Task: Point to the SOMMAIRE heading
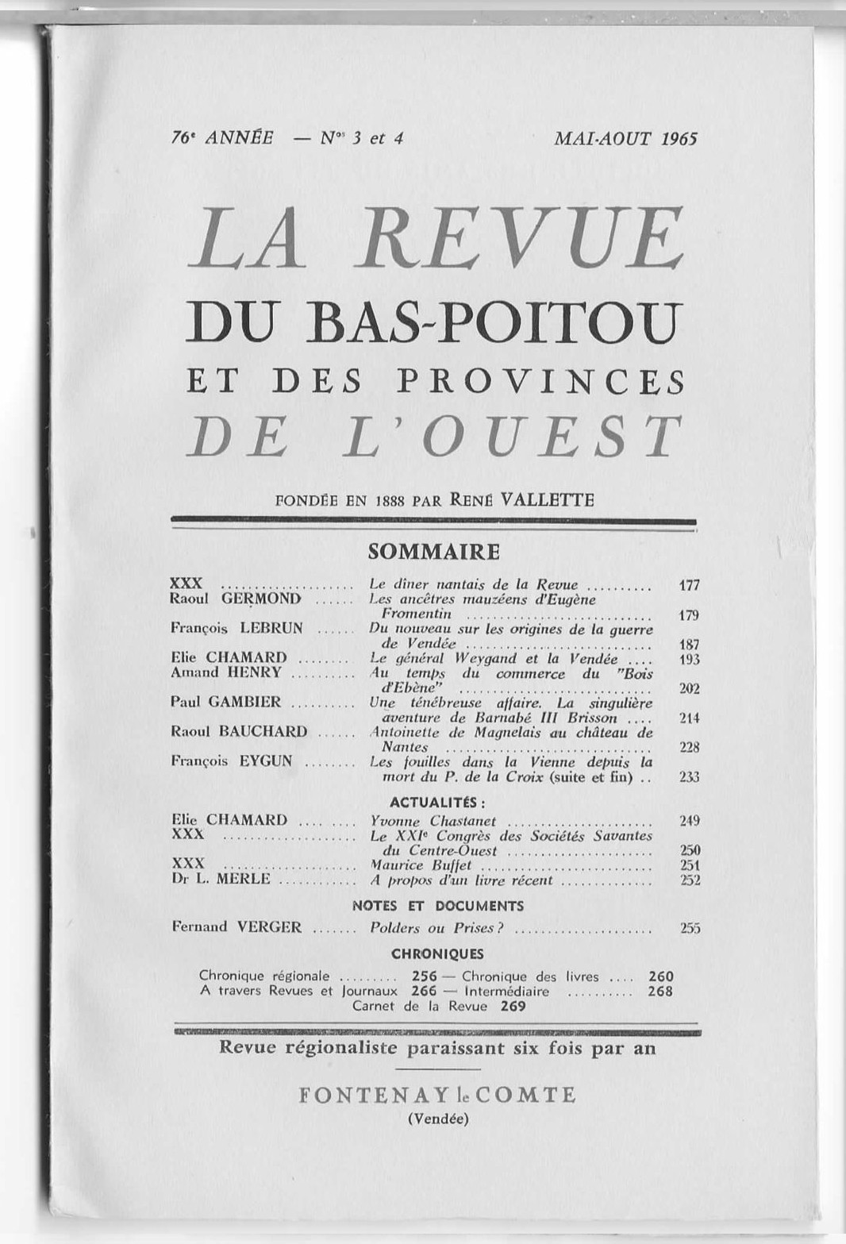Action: point(433,551)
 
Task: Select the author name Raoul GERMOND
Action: point(236,599)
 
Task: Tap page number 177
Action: point(689,585)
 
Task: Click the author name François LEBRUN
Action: point(236,628)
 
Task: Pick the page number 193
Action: point(689,659)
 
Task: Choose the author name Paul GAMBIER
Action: point(225,702)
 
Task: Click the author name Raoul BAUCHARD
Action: point(239,731)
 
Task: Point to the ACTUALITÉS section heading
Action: point(437,800)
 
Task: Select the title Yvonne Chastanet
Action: point(433,821)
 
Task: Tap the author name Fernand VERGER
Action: point(236,926)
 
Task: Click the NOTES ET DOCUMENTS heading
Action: point(437,906)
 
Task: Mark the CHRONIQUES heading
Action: point(437,953)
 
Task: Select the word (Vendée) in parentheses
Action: point(437,1120)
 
